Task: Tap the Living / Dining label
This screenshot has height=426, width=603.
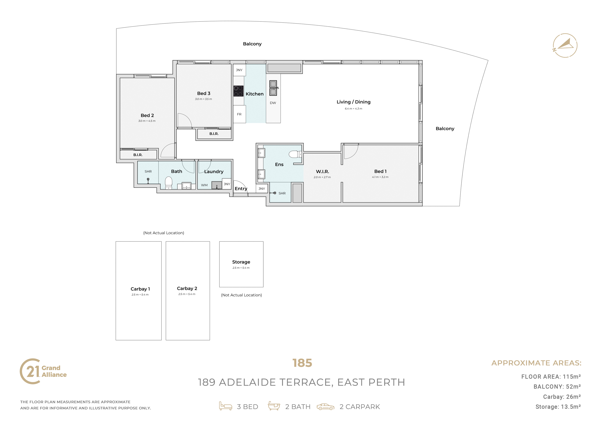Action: tap(354, 102)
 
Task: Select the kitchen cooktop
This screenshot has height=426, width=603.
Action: tap(238, 91)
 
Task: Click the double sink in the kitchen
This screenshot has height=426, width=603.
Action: tap(273, 88)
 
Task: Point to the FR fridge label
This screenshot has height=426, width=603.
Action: tap(239, 114)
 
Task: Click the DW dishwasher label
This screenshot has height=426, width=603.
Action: tap(273, 103)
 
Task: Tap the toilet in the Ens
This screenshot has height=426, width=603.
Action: tap(295, 154)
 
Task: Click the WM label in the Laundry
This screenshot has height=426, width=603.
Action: tap(204, 185)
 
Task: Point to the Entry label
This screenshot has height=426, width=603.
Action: tap(241, 189)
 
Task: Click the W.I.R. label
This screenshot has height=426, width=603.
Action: tap(322, 171)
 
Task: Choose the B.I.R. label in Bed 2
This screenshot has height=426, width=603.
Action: tap(138, 155)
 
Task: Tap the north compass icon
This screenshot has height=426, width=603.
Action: tap(565, 45)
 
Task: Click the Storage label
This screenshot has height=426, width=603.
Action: tap(241, 262)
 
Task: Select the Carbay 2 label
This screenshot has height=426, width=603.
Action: tap(187, 288)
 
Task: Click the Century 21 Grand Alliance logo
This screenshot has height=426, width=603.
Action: tap(43, 371)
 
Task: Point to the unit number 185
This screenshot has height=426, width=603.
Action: tap(302, 363)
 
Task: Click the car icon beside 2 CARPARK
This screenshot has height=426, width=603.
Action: tap(325, 407)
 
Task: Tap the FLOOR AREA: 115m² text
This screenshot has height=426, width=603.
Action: tap(551, 377)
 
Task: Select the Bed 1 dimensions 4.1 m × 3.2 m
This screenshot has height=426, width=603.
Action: tap(380, 177)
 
